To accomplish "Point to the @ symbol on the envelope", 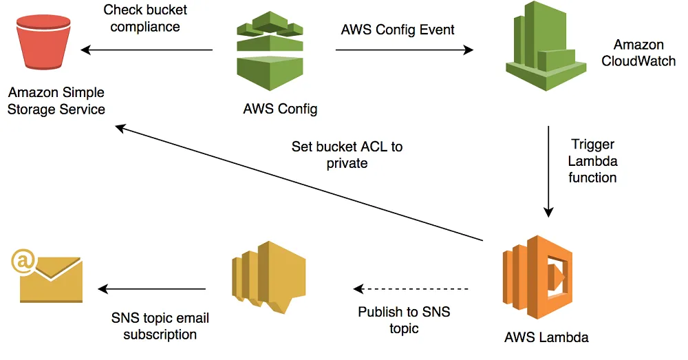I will [x=21, y=260].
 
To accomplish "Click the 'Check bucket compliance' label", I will [x=145, y=19].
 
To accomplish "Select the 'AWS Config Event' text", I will [x=398, y=30].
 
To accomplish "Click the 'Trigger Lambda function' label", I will [x=592, y=161].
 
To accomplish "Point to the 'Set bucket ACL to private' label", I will [x=347, y=155].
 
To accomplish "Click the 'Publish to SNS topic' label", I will [x=404, y=320].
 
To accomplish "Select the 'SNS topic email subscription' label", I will [x=160, y=326].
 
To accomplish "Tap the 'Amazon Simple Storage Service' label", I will [x=56, y=100].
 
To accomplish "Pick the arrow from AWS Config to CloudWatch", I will [x=405, y=50].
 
